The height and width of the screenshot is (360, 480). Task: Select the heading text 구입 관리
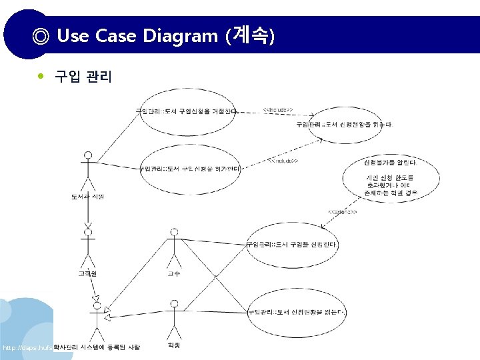click(83, 77)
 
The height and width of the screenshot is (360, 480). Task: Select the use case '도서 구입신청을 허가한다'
click(189, 169)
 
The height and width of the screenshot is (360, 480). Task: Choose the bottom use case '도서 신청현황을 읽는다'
click(295, 312)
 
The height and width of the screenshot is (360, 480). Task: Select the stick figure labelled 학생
click(174, 320)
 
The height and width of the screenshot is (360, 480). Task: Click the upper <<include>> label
click(277, 109)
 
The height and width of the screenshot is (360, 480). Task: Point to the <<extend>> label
click(342, 212)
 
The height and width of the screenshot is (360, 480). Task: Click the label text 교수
click(174, 273)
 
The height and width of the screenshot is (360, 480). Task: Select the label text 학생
click(174, 345)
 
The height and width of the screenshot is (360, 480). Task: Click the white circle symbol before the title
click(41, 36)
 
